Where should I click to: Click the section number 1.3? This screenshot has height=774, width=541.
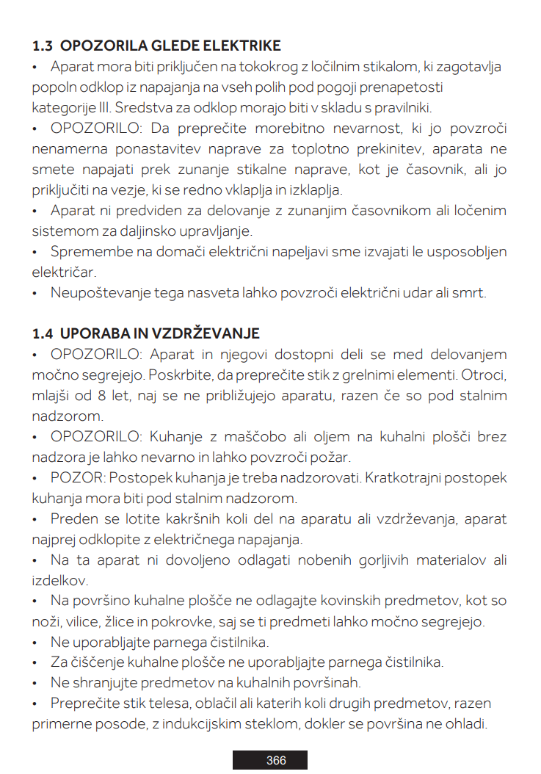pos(43,46)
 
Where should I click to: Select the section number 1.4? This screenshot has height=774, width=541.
pos(43,333)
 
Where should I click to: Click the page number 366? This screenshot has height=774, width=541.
pos(276,760)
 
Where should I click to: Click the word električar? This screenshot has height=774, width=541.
pos(64,272)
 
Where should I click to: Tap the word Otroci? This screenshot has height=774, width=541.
pos(482,375)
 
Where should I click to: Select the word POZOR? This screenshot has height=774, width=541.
pos(79,478)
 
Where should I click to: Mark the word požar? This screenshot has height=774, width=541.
pos(330,457)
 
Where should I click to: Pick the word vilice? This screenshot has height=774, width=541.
pos(83,622)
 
